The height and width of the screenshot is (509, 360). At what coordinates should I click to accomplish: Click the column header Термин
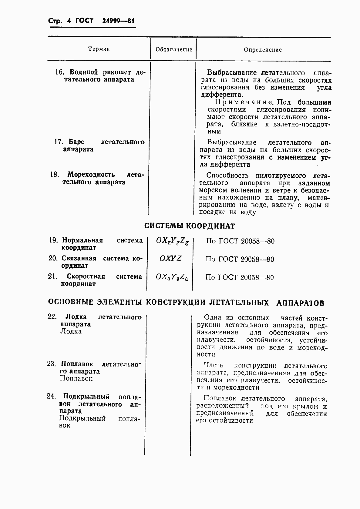[x=99, y=49]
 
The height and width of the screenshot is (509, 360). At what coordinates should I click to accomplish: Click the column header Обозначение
[x=174, y=49]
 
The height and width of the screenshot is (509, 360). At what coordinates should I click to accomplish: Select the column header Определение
[x=263, y=50]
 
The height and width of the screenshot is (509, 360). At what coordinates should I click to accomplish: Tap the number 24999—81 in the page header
[x=114, y=21]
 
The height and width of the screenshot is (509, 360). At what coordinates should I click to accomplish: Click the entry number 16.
[x=59, y=72]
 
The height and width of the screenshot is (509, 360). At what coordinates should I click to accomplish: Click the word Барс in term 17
[x=76, y=142]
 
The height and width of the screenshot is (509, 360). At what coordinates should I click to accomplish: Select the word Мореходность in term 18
[x=91, y=175]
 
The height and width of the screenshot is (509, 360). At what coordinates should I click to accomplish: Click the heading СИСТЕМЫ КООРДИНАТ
[x=190, y=226]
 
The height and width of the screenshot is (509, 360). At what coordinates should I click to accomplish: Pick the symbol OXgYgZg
[x=172, y=241]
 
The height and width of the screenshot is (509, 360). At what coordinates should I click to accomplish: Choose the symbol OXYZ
[x=170, y=259]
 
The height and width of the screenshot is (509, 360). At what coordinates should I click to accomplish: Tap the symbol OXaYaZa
[x=172, y=277]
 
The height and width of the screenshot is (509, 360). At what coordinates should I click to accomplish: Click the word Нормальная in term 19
[x=82, y=240]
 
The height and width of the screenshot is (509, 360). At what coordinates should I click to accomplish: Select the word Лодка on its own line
[x=71, y=331]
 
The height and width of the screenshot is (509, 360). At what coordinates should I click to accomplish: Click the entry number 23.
[x=51, y=364]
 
